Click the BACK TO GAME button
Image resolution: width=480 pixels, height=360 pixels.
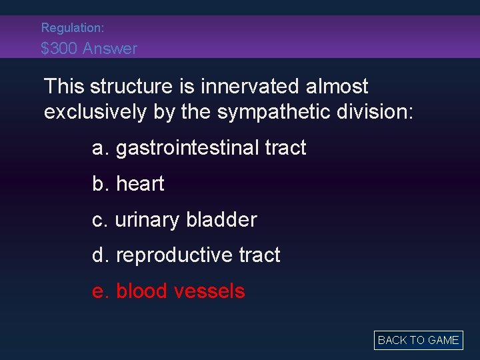pyautogui.click(x=418, y=340)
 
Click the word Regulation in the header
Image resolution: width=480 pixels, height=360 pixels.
pyautogui.click(x=70, y=28)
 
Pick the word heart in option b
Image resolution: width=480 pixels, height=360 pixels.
pyautogui.click(x=140, y=184)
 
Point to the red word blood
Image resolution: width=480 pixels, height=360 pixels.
pyautogui.click(x=142, y=291)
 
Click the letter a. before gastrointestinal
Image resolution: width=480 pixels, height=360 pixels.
pyautogui.click(x=101, y=148)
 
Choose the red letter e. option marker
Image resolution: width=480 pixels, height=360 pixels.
pyautogui.click(x=101, y=291)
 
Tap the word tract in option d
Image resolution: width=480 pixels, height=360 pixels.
pyautogui.click(x=260, y=255)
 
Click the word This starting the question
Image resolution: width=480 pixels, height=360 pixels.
pyautogui.click(x=64, y=87)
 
